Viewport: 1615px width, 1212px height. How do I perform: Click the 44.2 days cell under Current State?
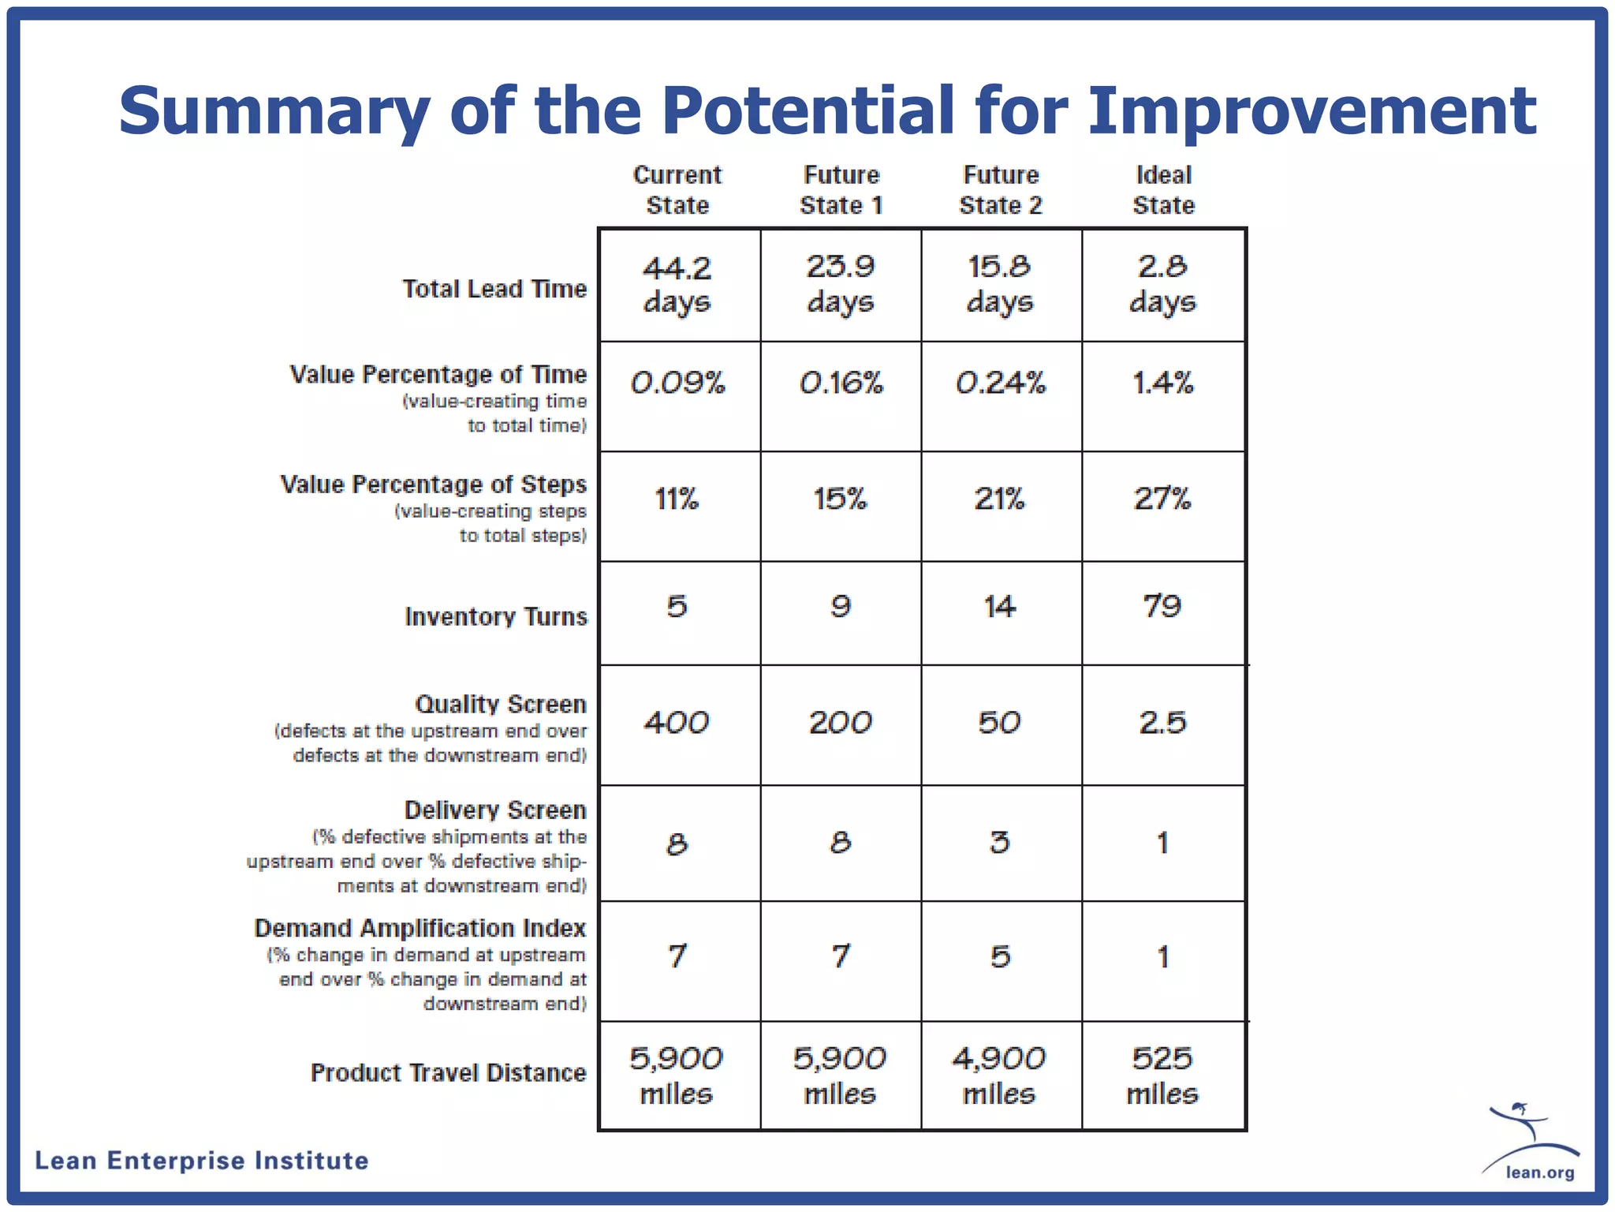(677, 285)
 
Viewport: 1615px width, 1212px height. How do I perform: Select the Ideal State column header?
(1163, 190)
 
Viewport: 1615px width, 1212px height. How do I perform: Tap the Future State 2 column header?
(1001, 190)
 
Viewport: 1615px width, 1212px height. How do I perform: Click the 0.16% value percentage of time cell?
(841, 383)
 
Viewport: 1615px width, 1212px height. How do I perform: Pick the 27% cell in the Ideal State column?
(1162, 499)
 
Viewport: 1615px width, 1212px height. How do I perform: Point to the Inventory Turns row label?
(496, 616)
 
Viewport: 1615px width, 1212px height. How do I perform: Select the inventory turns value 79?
(1162, 606)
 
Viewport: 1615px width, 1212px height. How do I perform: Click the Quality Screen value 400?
(677, 723)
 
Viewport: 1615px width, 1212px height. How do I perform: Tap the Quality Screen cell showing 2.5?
(1162, 723)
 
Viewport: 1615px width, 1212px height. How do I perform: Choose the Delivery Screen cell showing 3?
(1000, 843)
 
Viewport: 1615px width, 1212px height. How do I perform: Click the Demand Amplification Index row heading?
(420, 928)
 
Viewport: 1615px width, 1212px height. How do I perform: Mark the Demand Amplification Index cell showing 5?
(1000, 957)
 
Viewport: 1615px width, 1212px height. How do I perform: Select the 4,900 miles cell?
(999, 1075)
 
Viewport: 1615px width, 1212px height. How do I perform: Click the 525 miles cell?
(1162, 1075)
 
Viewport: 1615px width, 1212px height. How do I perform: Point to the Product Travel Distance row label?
(448, 1073)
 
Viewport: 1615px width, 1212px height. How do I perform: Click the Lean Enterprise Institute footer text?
(202, 1161)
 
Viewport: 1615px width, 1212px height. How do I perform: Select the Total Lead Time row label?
(494, 289)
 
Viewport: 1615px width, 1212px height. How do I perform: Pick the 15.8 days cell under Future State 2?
(1000, 285)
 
